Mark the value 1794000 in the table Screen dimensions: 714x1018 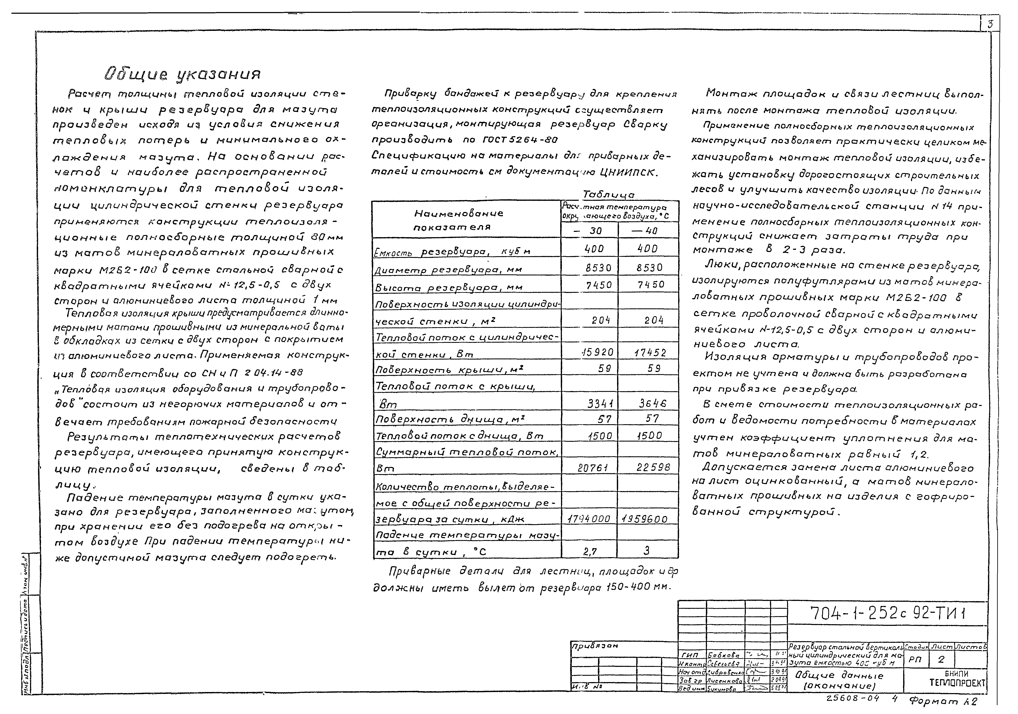click(x=589, y=518)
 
